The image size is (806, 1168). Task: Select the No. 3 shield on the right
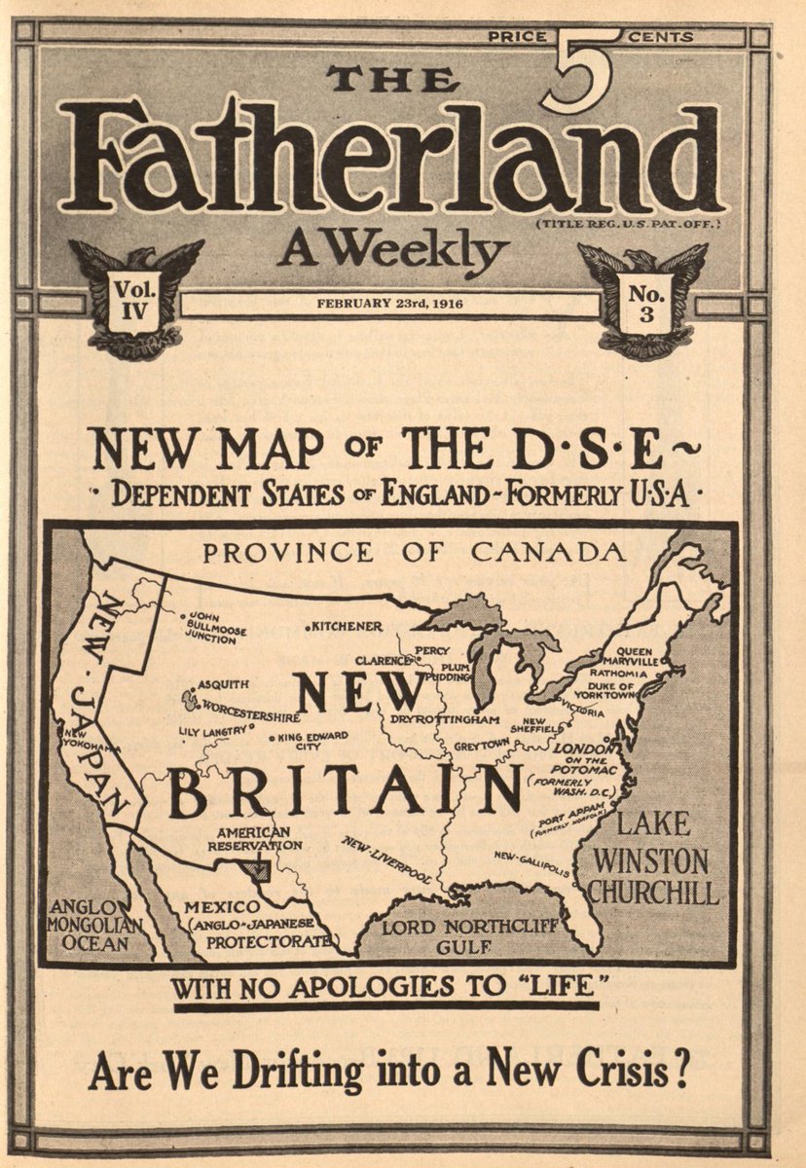(644, 303)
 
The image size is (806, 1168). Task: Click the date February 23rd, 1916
(389, 304)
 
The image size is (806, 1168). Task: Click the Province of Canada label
(413, 553)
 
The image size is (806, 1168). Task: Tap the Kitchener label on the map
(348, 626)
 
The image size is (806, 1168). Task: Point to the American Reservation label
(254, 838)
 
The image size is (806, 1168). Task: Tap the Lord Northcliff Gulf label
(470, 935)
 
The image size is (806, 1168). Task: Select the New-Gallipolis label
(531, 862)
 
